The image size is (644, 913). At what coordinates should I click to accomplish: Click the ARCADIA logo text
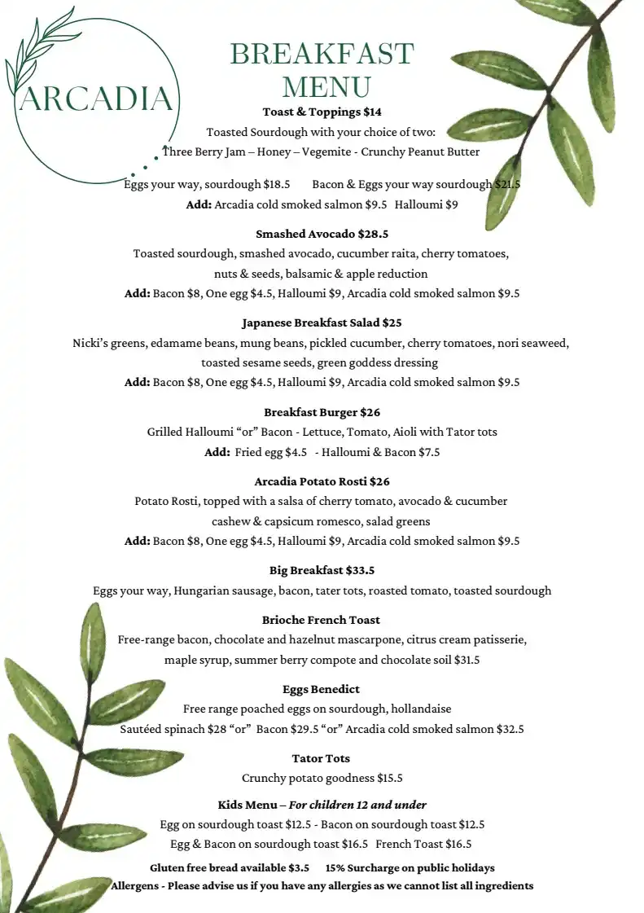pyautogui.click(x=95, y=99)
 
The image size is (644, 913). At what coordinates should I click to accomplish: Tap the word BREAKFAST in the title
pyautogui.click(x=322, y=54)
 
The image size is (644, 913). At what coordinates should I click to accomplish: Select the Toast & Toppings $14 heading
pyautogui.click(x=322, y=112)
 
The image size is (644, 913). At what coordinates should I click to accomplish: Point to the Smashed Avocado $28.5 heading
pyautogui.click(x=322, y=234)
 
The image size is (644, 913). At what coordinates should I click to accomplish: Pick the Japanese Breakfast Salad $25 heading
pyautogui.click(x=322, y=323)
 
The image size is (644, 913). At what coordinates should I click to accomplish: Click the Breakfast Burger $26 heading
pyautogui.click(x=322, y=412)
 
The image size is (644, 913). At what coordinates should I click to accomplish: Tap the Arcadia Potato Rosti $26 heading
pyautogui.click(x=322, y=481)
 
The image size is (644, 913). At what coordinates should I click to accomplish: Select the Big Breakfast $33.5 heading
pyautogui.click(x=322, y=570)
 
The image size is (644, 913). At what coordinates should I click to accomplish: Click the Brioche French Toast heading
pyautogui.click(x=322, y=620)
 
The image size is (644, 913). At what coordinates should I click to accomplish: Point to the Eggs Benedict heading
pyautogui.click(x=322, y=689)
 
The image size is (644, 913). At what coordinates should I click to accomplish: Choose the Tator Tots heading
pyautogui.click(x=322, y=758)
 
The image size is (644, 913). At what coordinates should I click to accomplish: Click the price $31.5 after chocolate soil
pyautogui.click(x=467, y=660)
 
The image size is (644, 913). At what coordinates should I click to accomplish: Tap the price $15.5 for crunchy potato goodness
pyautogui.click(x=389, y=778)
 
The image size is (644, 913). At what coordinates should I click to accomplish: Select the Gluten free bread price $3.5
pyautogui.click(x=299, y=867)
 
